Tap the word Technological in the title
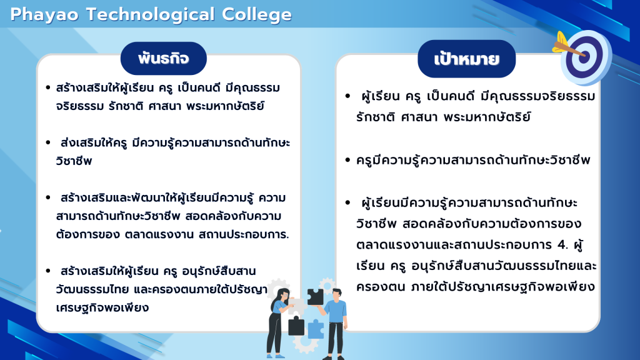coord(150,16)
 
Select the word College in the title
coord(257,16)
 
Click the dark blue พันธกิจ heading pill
coord(164,58)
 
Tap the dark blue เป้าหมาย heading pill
coord(466,59)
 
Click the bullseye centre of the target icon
coord(584,56)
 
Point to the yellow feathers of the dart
coord(560,42)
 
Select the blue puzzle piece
coord(316,329)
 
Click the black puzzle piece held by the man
coord(315,297)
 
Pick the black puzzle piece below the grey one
coord(296,326)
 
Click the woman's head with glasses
coord(282,295)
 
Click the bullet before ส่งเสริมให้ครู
coord(48,142)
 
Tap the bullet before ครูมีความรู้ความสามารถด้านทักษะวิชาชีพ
coord(347,160)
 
